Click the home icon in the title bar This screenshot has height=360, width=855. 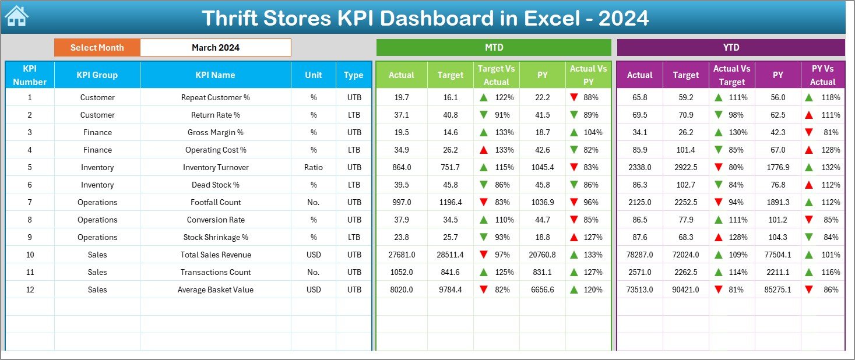coord(16,16)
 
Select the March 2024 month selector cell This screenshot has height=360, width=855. coord(215,48)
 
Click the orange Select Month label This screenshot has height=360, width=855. coord(97,48)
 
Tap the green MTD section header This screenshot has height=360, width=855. coord(494,47)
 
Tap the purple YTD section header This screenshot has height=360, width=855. coord(730,47)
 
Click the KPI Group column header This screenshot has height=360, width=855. coord(97,75)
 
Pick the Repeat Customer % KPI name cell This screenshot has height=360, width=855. coord(215,97)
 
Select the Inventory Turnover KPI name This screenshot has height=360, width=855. coord(215,167)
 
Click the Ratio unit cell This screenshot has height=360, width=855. coord(314,167)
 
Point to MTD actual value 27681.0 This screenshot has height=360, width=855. coord(402,255)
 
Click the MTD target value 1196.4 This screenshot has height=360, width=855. coord(450,202)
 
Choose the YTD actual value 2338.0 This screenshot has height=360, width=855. coord(639,167)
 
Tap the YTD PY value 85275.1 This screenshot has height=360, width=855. coord(777,290)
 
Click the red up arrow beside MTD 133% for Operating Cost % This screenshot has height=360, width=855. coord(483,150)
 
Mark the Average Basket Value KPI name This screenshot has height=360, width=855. coord(215,290)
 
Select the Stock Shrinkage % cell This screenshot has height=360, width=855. coord(215,237)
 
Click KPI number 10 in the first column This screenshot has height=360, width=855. coord(30,255)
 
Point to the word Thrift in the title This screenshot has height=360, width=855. coord(234,19)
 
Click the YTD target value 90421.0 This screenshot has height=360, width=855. coord(685,290)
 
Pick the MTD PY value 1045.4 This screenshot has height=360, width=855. coord(543,167)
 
